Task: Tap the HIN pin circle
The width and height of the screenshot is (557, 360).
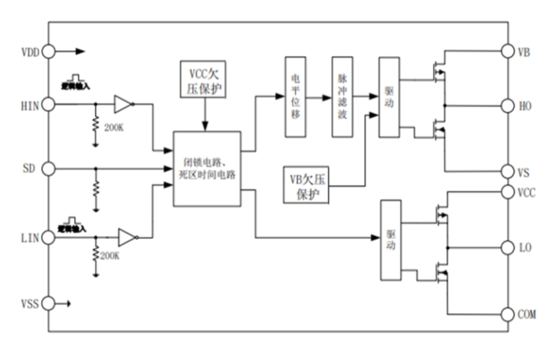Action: (x=49, y=104)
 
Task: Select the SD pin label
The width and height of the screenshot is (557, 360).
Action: (x=31, y=169)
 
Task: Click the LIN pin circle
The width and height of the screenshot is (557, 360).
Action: (x=49, y=238)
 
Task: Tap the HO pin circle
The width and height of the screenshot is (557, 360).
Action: (x=508, y=105)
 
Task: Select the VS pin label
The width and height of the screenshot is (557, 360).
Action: (x=524, y=172)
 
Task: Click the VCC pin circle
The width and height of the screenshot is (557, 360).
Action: (x=508, y=193)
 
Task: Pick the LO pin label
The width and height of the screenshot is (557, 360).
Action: (x=525, y=246)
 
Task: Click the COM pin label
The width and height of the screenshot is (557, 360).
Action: (x=527, y=314)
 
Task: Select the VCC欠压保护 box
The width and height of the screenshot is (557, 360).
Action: (x=204, y=81)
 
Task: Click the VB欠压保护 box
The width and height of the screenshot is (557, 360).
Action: (x=309, y=184)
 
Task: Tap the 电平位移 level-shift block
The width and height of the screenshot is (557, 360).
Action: (x=296, y=96)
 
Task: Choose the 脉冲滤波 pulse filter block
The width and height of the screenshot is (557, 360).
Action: (x=341, y=96)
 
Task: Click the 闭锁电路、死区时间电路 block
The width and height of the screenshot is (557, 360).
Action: (x=207, y=169)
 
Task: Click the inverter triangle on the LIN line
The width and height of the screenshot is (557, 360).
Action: (x=128, y=238)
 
